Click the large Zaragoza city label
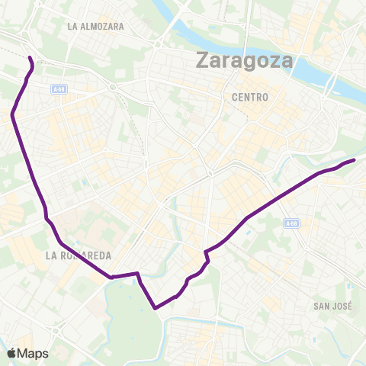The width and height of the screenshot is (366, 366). pos(245,60)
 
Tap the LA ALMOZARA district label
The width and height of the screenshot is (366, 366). pos(95,26)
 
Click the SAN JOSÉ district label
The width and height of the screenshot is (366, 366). pos(333,307)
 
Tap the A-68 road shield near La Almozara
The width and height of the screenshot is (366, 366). pos(59,88)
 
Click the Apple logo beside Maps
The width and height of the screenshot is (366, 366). pos(12,353)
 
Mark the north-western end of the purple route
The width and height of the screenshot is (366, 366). pos(30,58)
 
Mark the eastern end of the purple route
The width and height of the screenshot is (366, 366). pos(355,160)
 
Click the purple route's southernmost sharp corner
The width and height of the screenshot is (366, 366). pos(156,308)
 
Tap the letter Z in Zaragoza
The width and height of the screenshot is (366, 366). pos(204,59)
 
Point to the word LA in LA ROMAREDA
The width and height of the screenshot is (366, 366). pos(50,254)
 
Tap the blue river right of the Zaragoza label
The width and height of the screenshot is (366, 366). pos(313,72)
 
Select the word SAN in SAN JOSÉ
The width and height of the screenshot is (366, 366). pos(321,307)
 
